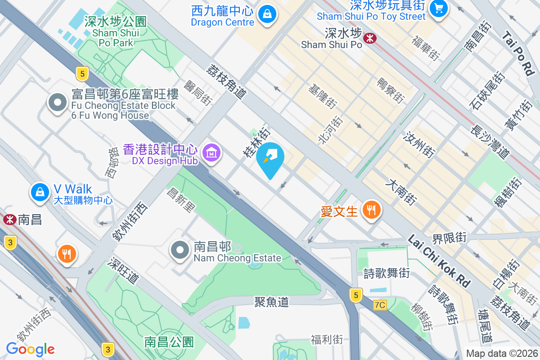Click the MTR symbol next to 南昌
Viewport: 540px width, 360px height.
pos(8,220)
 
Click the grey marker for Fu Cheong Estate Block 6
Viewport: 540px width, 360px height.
pos(57,103)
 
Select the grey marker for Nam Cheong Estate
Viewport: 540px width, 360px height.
pos(180,250)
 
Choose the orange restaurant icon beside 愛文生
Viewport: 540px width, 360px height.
pos(371,210)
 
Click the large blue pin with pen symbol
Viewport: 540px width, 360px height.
pos(270,158)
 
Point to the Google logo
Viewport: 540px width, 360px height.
pos(30,349)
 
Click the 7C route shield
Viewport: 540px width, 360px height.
pos(380,305)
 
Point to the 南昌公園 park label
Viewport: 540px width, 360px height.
pos(169,342)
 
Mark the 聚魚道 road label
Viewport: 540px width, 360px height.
pos(271,301)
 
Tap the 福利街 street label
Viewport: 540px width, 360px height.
pos(327,339)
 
